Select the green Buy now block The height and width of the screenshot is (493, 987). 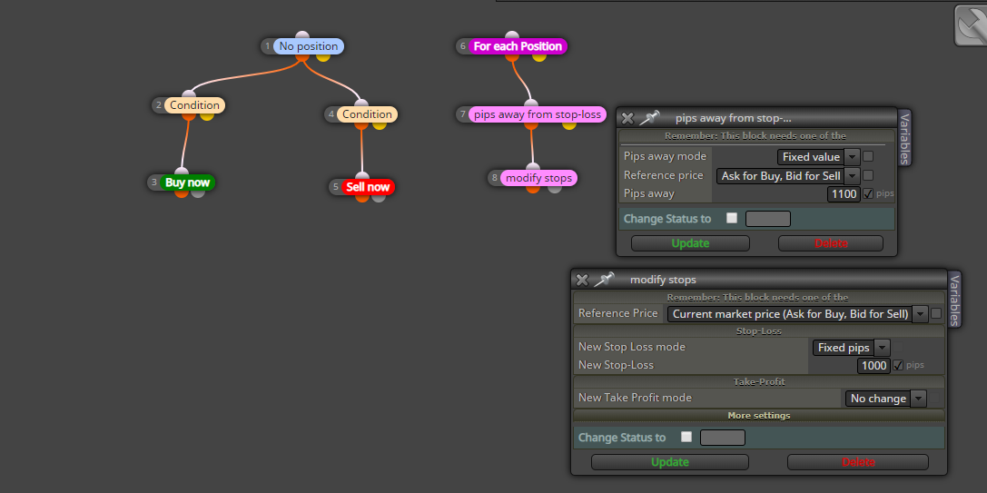(x=187, y=182)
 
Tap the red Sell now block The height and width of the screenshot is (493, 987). (x=368, y=187)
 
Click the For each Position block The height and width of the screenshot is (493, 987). (x=518, y=46)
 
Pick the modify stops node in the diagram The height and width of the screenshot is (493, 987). (x=538, y=178)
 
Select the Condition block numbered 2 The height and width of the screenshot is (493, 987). (x=194, y=105)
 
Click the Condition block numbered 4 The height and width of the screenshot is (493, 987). (x=367, y=114)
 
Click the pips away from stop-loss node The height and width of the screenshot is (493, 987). (x=538, y=114)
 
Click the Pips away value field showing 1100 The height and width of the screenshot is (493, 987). (x=844, y=194)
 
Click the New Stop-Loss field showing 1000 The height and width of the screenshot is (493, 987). (x=874, y=366)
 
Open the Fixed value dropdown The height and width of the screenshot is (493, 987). (x=818, y=157)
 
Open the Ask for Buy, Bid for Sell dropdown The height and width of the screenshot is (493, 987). (x=788, y=175)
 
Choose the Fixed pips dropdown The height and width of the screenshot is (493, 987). (x=851, y=348)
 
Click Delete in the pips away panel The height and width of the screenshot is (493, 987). (x=831, y=243)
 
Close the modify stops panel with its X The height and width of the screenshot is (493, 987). (x=582, y=280)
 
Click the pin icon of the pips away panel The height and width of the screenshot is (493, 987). (x=649, y=118)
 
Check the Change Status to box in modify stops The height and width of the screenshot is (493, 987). (x=686, y=437)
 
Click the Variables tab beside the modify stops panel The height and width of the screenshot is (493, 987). (x=955, y=300)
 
